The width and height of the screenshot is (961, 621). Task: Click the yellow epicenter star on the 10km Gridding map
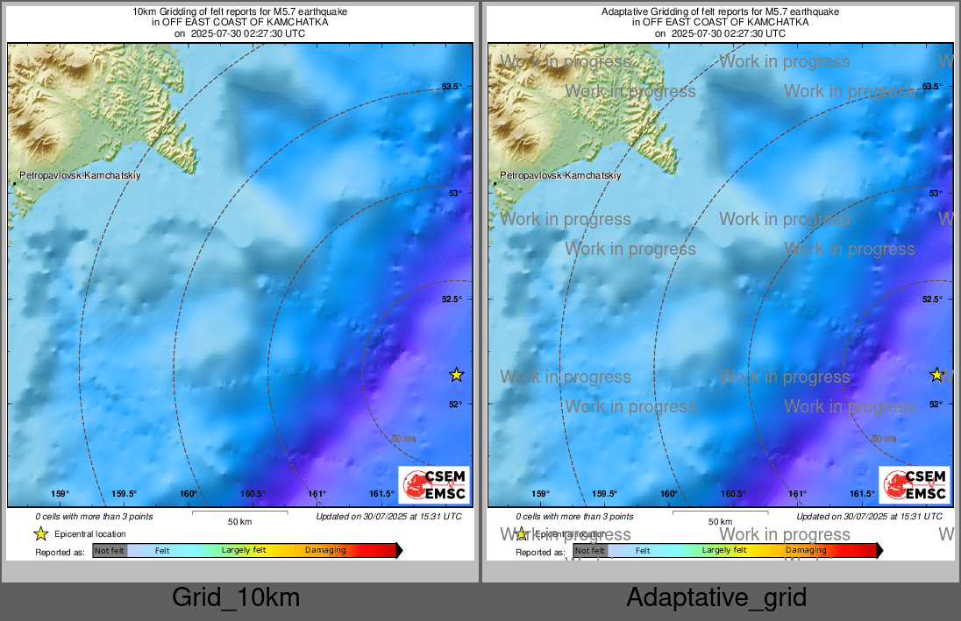(456, 375)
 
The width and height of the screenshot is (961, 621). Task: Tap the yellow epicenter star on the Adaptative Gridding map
(936, 375)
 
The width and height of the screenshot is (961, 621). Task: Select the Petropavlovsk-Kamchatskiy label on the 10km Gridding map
(80, 176)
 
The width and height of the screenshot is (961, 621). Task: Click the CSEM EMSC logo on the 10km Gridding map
(434, 485)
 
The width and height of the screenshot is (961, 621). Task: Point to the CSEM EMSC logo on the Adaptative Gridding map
(915, 485)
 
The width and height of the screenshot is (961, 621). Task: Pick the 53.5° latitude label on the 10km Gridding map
(452, 86)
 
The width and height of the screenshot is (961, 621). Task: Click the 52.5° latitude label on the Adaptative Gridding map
(932, 300)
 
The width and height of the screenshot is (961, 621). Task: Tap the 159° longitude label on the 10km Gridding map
(60, 494)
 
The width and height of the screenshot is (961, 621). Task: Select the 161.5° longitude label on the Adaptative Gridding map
(863, 494)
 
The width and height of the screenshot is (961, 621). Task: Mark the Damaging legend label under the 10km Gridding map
(325, 550)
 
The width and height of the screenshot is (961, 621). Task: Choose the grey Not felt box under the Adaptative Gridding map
(590, 550)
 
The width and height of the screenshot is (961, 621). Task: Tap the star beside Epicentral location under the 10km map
(40, 533)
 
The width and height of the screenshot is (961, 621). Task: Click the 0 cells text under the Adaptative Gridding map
(574, 517)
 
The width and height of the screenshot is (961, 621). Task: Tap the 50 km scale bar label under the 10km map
(239, 522)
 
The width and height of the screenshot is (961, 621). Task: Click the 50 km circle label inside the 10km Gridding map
(402, 438)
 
